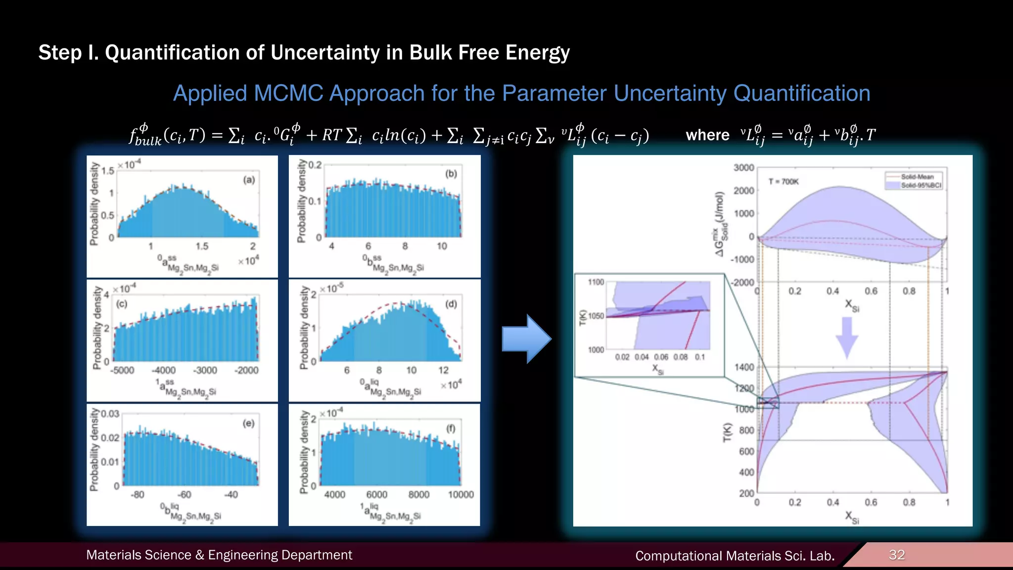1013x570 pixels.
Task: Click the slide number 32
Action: [x=897, y=555]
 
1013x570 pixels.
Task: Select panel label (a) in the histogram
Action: [x=249, y=180]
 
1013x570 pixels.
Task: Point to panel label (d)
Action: [x=451, y=304]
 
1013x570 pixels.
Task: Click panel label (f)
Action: [x=451, y=428]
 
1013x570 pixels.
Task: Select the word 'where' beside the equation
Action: [x=707, y=135]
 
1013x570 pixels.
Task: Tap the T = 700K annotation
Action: [x=783, y=182]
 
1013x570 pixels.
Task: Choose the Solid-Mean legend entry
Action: [x=917, y=177]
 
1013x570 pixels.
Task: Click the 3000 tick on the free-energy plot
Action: [x=743, y=168]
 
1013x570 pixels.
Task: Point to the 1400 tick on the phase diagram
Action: [x=744, y=367]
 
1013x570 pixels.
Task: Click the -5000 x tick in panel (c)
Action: [x=122, y=371]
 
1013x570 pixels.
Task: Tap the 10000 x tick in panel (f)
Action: [x=460, y=495]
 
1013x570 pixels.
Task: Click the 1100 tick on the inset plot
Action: [x=596, y=282]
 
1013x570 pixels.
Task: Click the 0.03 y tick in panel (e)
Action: [x=110, y=414]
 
